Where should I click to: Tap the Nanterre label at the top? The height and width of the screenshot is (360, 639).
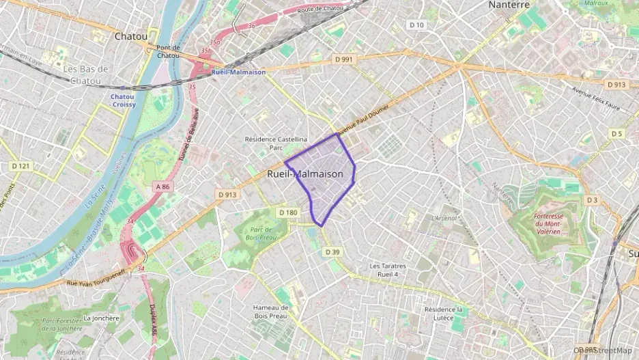[509, 5]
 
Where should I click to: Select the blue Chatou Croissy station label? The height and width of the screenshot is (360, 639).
[123, 100]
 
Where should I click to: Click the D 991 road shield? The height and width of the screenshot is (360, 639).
[345, 59]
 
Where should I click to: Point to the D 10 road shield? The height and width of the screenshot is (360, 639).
[416, 25]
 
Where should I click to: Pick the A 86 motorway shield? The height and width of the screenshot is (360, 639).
[162, 186]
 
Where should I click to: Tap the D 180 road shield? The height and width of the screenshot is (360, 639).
[288, 212]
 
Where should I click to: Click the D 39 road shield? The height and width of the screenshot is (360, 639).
[332, 252]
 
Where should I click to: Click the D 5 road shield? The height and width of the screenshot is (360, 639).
[616, 133]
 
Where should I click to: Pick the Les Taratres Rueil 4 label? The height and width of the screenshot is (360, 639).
[388, 270]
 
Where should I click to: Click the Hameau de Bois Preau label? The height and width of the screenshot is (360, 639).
[271, 311]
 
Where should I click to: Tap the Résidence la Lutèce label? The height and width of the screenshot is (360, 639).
[444, 314]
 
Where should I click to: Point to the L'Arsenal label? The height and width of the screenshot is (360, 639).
[444, 218]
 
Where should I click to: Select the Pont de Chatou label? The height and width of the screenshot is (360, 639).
[168, 51]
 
